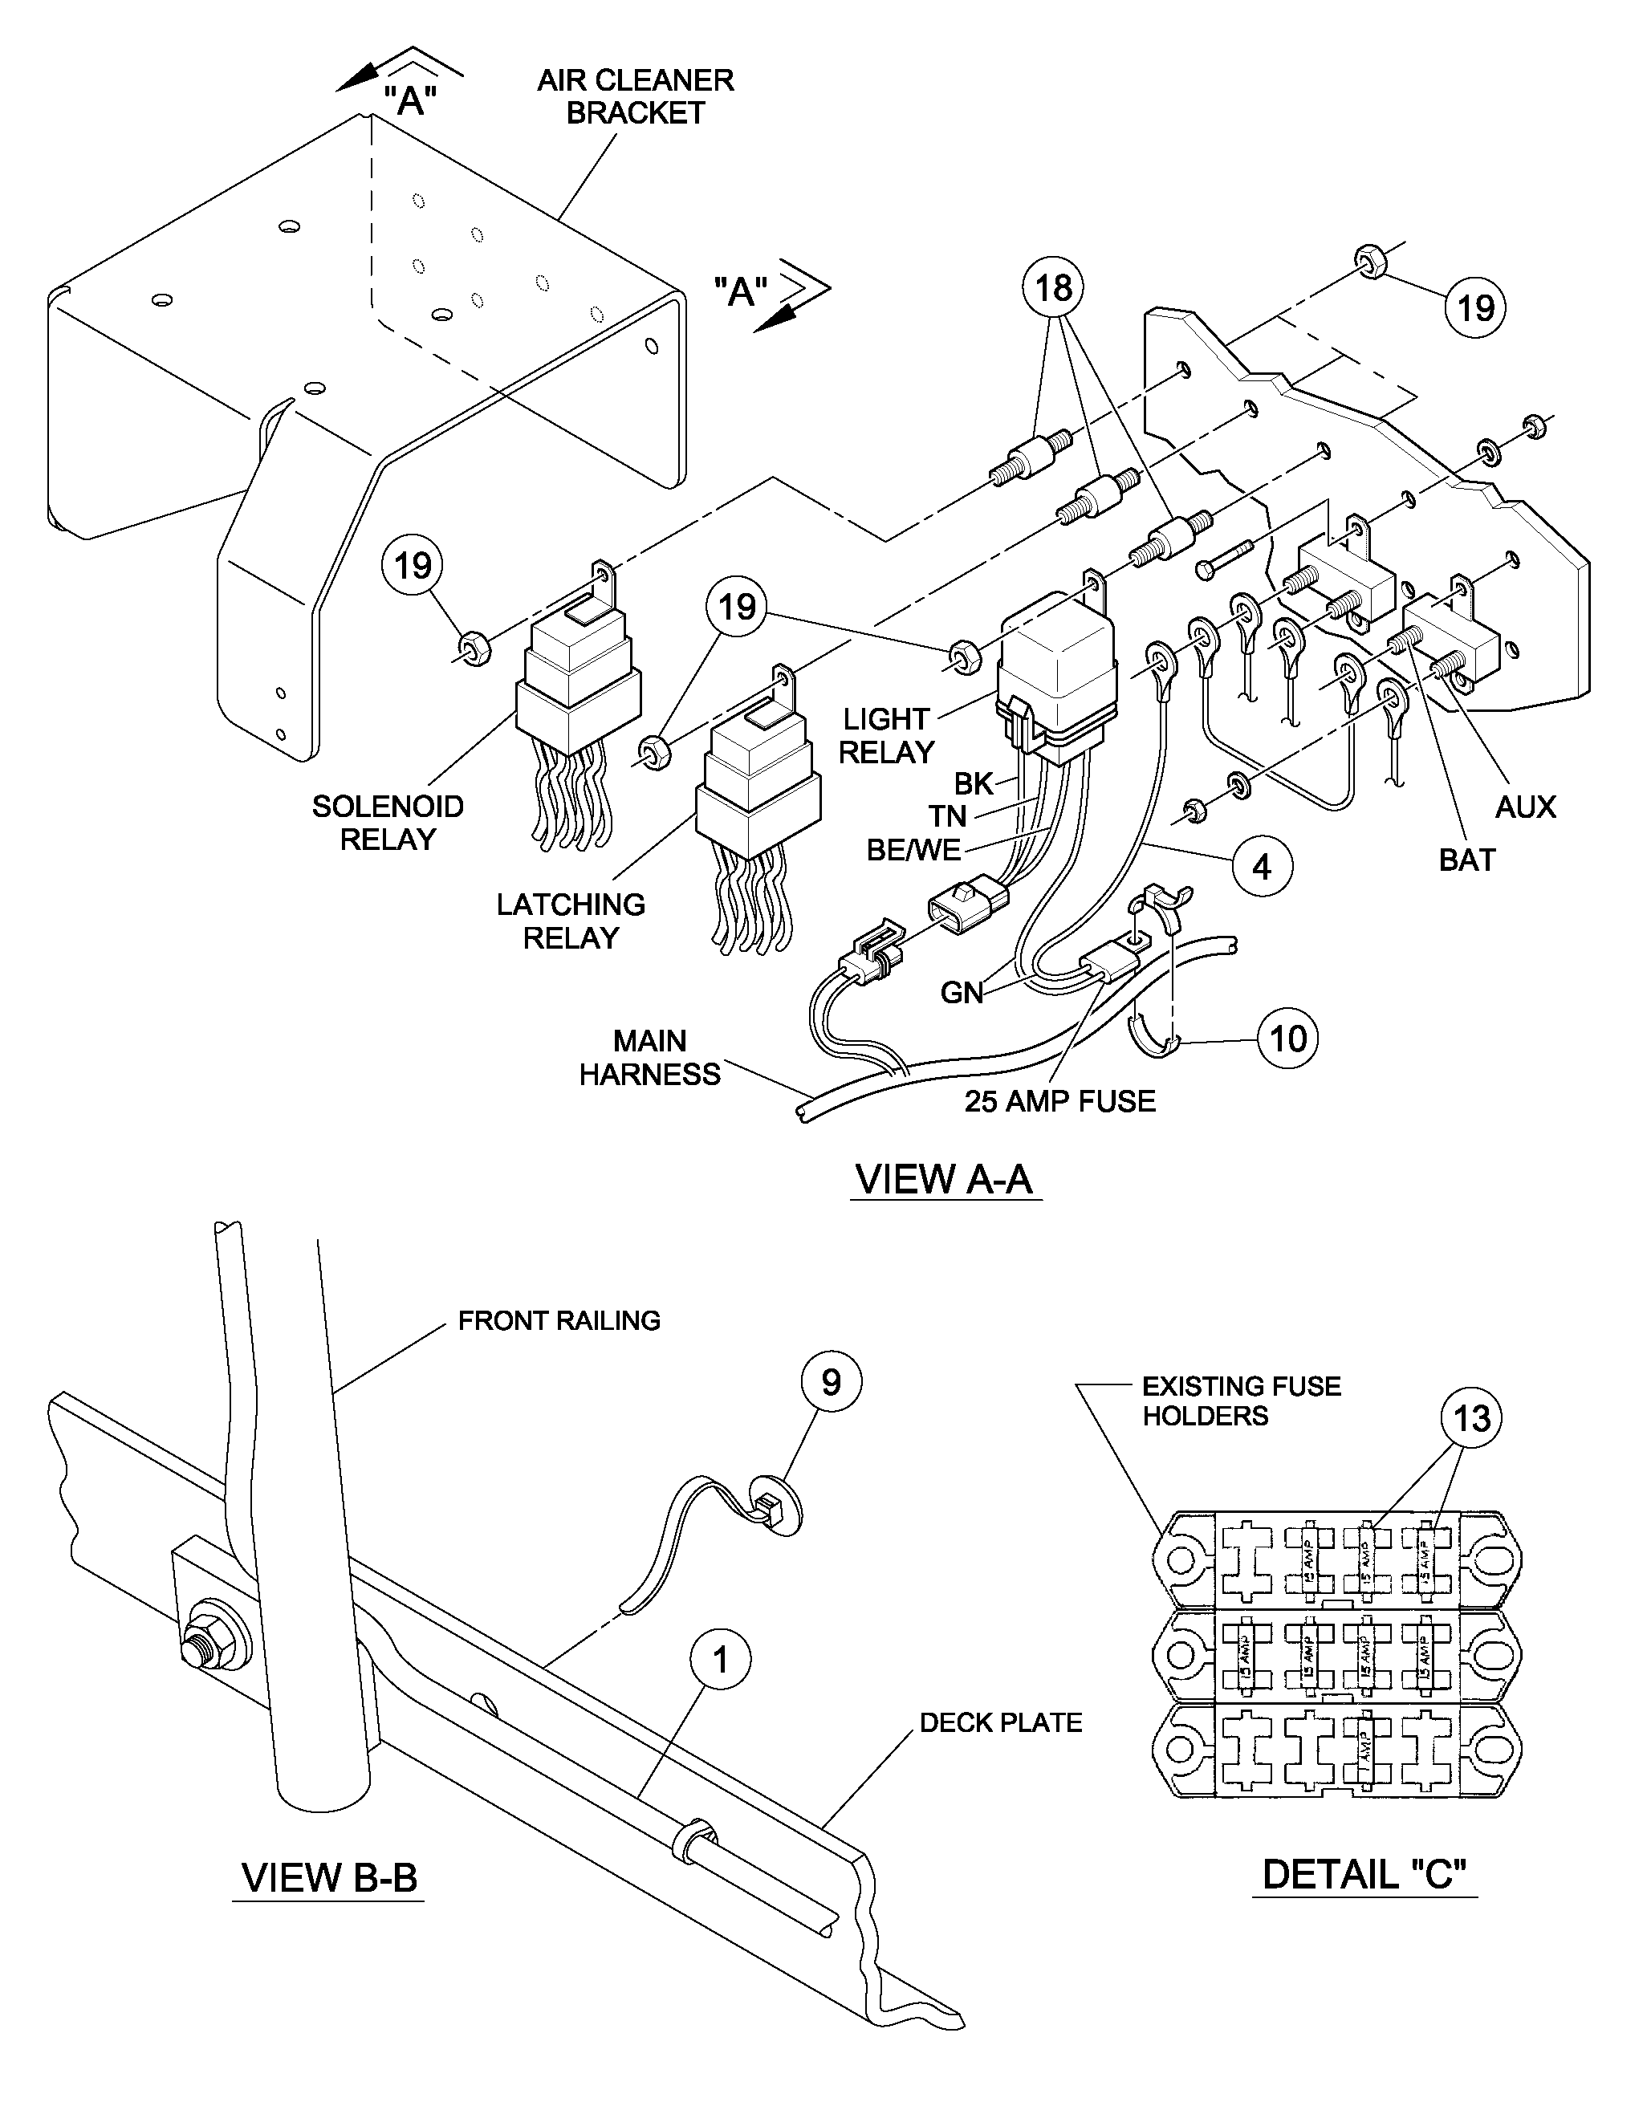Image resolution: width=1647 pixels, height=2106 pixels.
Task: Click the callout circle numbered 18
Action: (1053, 287)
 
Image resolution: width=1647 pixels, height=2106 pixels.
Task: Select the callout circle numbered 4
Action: (1263, 867)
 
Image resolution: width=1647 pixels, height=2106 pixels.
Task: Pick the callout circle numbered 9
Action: (832, 1382)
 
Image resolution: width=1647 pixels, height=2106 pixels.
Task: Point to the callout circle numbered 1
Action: (720, 1660)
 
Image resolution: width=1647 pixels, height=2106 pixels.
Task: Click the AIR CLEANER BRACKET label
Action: (636, 96)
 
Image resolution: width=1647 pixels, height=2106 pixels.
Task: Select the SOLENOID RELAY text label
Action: (388, 823)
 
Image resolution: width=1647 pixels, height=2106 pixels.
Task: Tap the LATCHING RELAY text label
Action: (571, 921)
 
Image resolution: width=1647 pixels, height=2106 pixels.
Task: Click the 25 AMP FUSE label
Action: (1059, 1101)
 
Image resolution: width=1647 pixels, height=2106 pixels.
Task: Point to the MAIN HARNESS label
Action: (650, 1058)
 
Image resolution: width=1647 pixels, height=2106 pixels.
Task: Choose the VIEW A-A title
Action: (944, 1178)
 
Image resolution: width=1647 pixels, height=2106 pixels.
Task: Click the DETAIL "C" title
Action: (1364, 1873)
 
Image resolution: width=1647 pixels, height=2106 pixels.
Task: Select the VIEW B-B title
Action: (330, 1876)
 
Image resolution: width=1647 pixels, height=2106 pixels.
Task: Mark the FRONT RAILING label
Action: (559, 1320)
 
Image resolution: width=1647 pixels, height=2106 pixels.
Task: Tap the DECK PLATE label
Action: (1001, 1722)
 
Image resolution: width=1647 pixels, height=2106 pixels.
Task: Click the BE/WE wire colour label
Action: (913, 849)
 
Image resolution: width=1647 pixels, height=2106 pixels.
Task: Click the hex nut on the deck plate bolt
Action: (205, 1648)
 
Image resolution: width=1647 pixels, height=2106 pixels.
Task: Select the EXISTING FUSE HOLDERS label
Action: (1241, 1401)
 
